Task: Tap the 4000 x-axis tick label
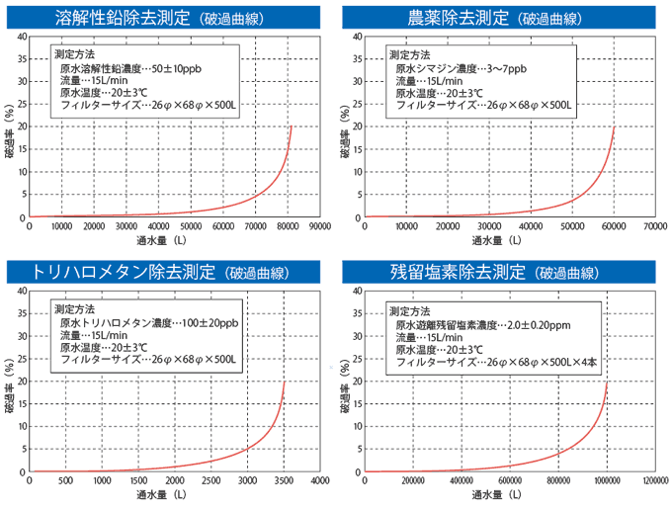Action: pos(318,481)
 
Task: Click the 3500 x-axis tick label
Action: pos(283,481)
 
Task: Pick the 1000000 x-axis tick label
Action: pos(606,481)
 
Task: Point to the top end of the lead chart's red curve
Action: pos(292,127)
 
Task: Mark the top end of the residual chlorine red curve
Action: pos(607,382)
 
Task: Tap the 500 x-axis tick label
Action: pos(65,481)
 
